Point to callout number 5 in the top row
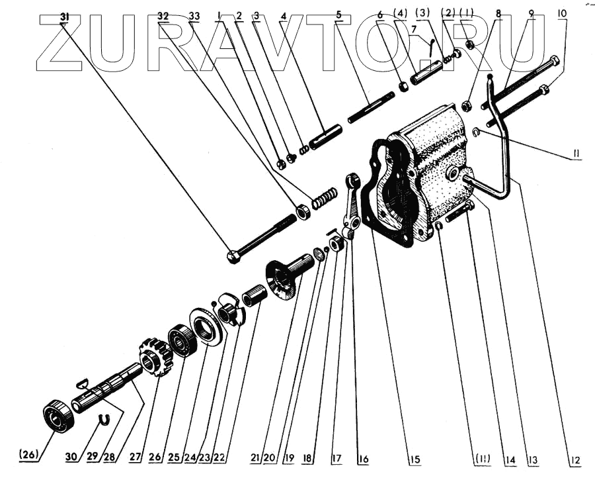[x=338, y=15]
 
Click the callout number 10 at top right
[x=561, y=13]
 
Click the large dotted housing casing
[x=436, y=166]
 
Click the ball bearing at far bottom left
[x=54, y=416]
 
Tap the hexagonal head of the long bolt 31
[x=233, y=256]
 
